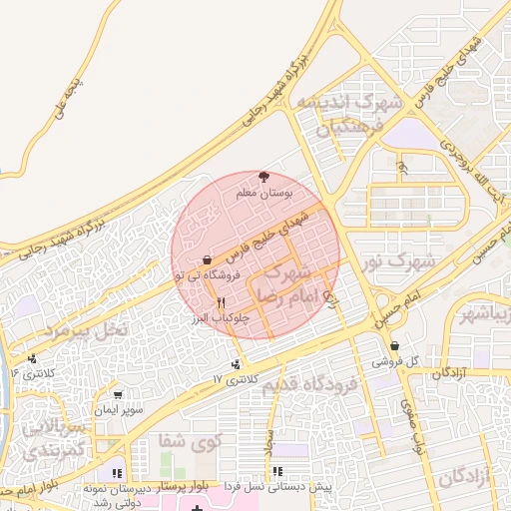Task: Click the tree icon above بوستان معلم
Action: click(263, 174)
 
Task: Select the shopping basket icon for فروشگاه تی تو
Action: click(207, 259)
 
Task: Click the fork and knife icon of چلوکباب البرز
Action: click(222, 301)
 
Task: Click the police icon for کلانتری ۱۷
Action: click(236, 364)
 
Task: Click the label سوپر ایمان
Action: click(120, 410)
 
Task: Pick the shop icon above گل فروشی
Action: click(395, 345)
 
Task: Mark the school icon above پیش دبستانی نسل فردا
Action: click(277, 471)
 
